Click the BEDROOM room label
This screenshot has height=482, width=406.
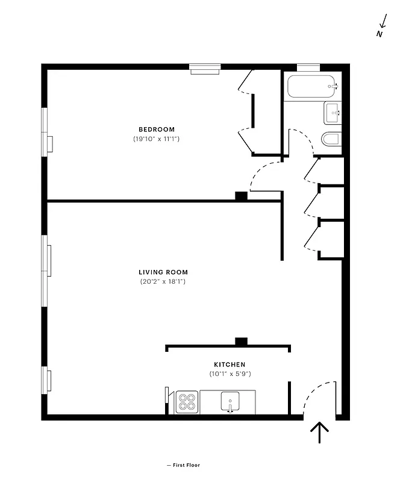(157, 130)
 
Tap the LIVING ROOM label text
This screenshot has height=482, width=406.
(163, 272)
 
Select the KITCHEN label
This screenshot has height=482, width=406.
(230, 365)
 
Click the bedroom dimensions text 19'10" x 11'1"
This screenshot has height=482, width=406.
(157, 139)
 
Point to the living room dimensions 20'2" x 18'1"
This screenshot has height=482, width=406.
(163, 281)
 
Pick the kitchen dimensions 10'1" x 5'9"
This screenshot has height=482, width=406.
(230, 374)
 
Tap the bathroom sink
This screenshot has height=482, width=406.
(333, 112)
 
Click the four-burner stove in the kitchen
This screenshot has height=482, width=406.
(187, 402)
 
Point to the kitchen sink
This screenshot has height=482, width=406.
(230, 401)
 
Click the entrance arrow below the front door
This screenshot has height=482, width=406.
(319, 432)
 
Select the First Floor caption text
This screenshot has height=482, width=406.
(184, 465)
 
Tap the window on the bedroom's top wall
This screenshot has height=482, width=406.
(206, 69)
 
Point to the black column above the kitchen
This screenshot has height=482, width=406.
(241, 342)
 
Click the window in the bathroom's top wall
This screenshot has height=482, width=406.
(308, 67)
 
